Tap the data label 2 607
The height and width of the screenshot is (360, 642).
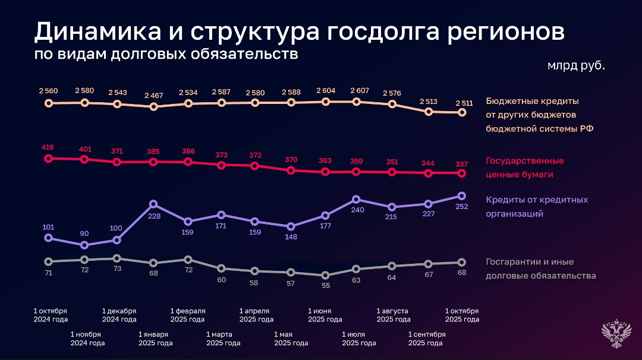(359, 90)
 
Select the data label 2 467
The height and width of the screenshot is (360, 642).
(153, 96)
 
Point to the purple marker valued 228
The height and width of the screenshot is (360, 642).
(153, 204)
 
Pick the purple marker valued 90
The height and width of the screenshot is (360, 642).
(84, 245)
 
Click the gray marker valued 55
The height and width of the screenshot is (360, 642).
(325, 275)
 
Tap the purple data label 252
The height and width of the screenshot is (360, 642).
(461, 207)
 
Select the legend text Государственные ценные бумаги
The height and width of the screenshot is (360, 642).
(524, 168)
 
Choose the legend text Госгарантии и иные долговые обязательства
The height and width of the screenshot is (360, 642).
(540, 269)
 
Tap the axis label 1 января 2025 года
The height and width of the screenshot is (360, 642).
(156, 338)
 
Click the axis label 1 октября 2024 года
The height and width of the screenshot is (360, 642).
(51, 315)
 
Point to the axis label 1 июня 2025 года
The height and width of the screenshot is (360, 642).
(325, 315)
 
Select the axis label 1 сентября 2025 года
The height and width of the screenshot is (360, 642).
(426, 338)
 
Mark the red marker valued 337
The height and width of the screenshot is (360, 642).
(461, 173)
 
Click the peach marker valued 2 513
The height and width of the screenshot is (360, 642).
(428, 111)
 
